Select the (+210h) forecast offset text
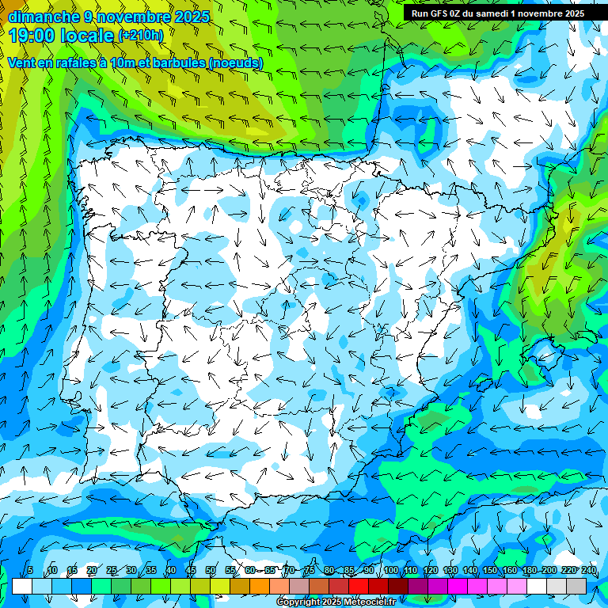(x=140, y=36)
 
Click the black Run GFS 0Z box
(x=497, y=13)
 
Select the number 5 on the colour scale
(x=29, y=571)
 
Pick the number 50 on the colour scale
(x=211, y=571)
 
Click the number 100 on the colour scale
(x=390, y=571)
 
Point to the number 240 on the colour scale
(x=588, y=571)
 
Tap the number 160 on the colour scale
(x=509, y=571)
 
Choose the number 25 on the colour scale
(x=112, y=571)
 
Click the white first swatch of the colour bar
(x=22, y=586)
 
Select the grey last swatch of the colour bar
(x=576, y=586)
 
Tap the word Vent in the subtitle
(x=21, y=63)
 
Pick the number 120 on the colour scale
(x=430, y=571)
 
